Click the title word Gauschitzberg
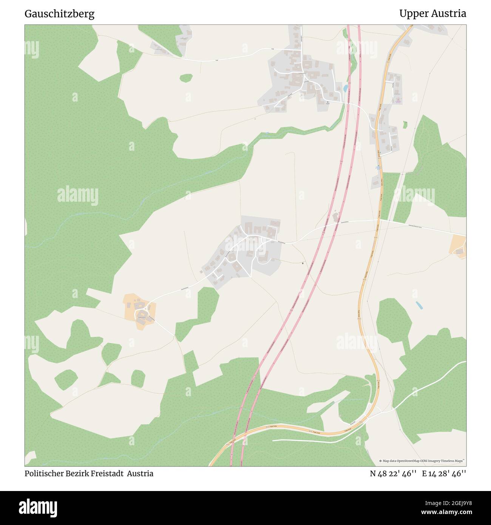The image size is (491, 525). [59, 14]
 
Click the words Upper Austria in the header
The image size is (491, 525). [432, 14]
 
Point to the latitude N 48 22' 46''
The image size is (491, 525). [393, 474]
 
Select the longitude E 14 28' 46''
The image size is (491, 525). [444, 474]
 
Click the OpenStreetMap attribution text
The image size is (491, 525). [423, 461]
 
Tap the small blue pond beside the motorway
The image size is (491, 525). [345, 88]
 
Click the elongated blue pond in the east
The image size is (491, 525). [419, 305]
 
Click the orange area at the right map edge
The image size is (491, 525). [459, 247]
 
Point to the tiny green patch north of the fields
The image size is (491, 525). [186, 78]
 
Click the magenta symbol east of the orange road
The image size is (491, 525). [398, 100]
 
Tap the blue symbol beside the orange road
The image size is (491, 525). [377, 167]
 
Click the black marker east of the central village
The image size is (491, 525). [304, 263]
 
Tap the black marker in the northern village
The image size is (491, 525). [327, 102]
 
